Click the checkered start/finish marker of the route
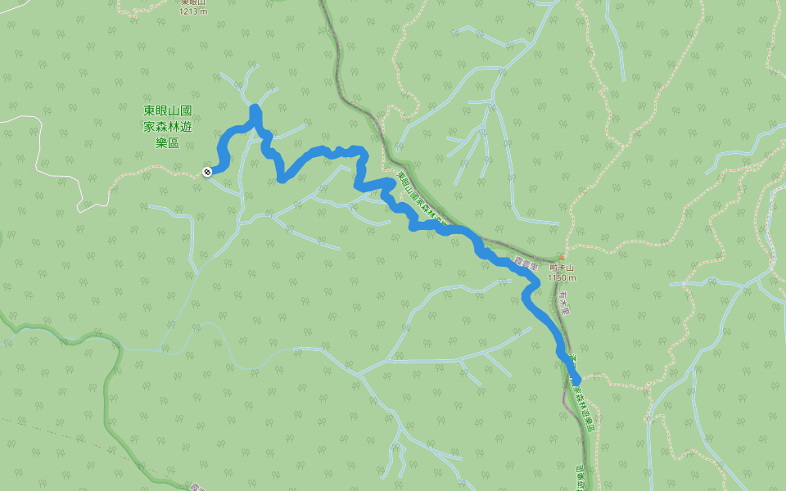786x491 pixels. click(x=207, y=171)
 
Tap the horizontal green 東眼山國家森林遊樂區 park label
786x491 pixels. click(x=167, y=126)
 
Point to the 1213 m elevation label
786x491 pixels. click(x=194, y=11)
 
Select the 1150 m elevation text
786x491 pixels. click(x=562, y=278)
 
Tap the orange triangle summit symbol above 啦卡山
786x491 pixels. click(x=561, y=256)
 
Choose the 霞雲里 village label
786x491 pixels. click(x=526, y=264)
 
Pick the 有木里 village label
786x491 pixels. click(x=564, y=306)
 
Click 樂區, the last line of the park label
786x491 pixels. click(x=167, y=142)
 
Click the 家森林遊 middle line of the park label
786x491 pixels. click(x=167, y=126)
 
